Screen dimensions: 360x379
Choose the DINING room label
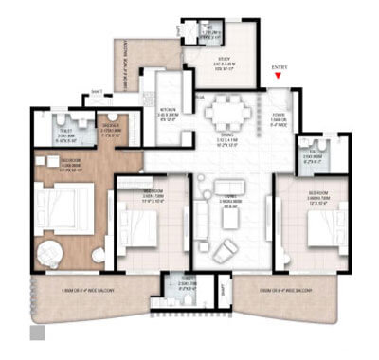pos(231,139)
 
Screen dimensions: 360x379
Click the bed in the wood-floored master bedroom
pos(63,203)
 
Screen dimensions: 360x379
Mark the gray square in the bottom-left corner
pos(38,333)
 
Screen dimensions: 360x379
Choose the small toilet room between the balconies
pos(187,286)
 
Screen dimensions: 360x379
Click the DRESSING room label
pos(112,130)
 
